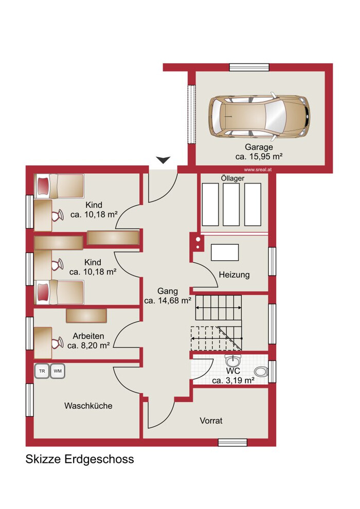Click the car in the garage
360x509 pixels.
click(259, 116)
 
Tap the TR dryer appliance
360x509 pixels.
click(42, 371)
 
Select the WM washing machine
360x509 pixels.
click(58, 371)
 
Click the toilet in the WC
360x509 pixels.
click(261, 372)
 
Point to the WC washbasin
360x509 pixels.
click(232, 360)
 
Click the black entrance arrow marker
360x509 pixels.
click(163, 160)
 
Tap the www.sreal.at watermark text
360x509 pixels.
click(258, 170)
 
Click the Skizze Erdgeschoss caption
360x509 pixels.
click(80, 459)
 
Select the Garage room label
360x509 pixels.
click(259, 147)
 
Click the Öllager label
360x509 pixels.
click(232, 178)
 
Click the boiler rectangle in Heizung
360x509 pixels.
click(225, 252)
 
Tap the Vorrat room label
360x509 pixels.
click(211, 421)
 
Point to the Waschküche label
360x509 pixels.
click(88, 406)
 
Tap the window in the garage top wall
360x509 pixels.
click(249, 67)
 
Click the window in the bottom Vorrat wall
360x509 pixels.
click(232, 443)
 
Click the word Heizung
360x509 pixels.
click(234, 275)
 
